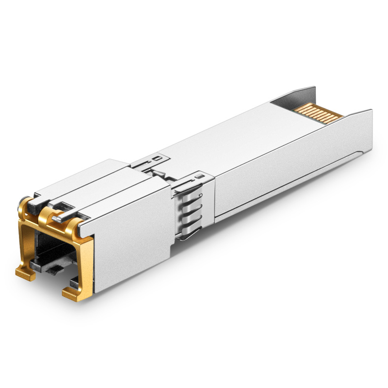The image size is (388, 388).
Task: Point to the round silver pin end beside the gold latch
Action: pyautogui.click(x=58, y=218)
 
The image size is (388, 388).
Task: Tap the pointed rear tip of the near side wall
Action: pyautogui.click(x=371, y=113)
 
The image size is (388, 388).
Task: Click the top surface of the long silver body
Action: pyautogui.click(x=233, y=141)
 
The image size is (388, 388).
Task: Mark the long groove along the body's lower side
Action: pyautogui.click(x=291, y=184)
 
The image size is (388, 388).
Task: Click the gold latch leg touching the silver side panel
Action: pyautogui.click(x=87, y=262)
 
